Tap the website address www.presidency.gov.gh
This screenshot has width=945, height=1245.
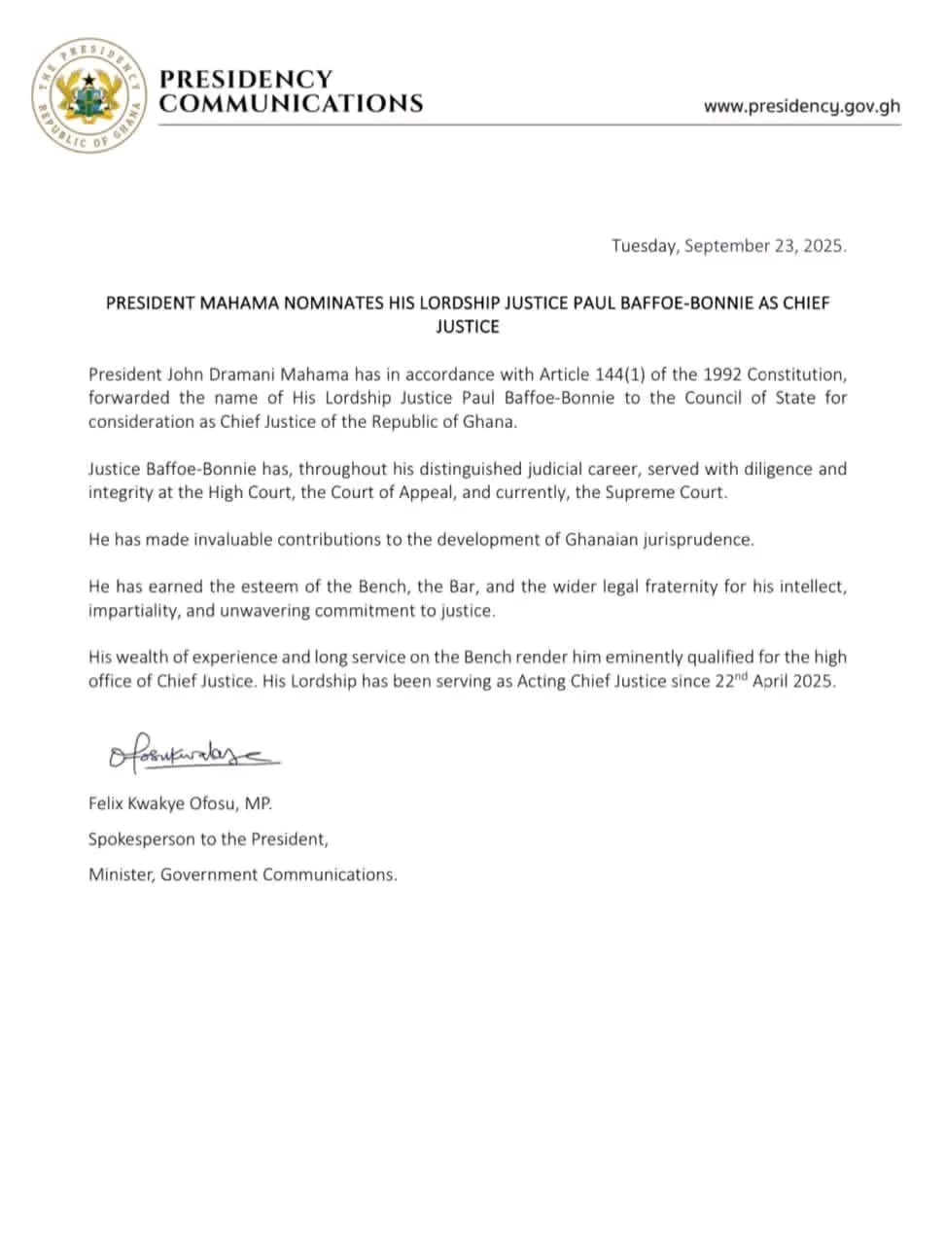coord(801,106)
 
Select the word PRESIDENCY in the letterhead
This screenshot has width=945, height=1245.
coord(245,79)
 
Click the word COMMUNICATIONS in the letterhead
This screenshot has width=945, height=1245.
coord(291,104)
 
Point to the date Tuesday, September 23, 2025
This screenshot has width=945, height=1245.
coord(728,246)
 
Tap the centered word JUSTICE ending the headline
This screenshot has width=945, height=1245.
coord(468,327)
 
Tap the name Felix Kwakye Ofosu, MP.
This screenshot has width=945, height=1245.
coord(181,804)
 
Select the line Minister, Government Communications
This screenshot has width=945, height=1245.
coord(242,874)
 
